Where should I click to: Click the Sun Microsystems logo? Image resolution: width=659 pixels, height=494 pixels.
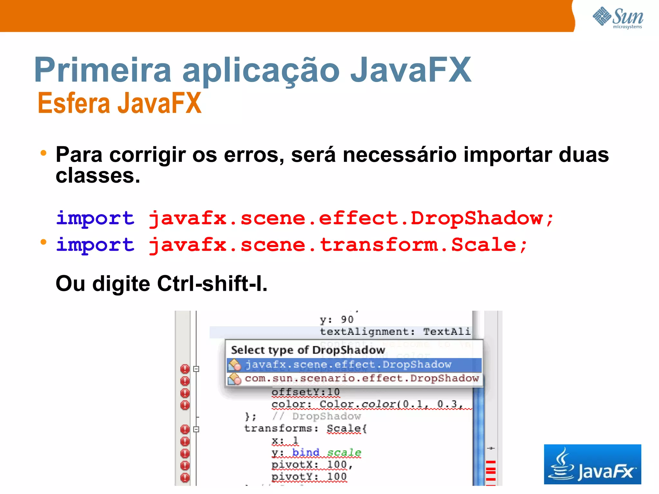[x=618, y=18]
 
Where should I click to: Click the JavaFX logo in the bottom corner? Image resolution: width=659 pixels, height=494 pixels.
[x=592, y=464]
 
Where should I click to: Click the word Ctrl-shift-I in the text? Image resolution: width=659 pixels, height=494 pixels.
[x=212, y=284]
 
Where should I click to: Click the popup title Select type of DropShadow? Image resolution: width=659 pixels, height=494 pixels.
[x=308, y=350]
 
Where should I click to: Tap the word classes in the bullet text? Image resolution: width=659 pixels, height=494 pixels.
[x=98, y=176]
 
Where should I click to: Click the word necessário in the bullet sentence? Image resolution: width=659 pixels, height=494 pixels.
[x=399, y=155]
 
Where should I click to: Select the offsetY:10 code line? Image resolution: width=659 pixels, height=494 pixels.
[x=305, y=392]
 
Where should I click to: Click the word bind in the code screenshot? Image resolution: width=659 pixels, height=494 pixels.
[x=306, y=453]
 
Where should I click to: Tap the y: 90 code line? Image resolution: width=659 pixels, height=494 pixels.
[x=337, y=320]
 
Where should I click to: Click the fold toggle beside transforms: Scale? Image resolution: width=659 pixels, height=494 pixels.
[x=196, y=429]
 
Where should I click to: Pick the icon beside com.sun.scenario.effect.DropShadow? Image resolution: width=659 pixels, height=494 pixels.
[x=234, y=379]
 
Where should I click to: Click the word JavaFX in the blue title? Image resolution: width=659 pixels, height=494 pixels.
[x=411, y=70]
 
